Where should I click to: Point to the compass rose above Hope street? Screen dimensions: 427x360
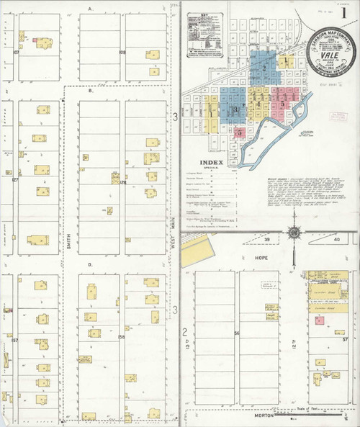click(294, 233)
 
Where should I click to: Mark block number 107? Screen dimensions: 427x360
click(15, 53)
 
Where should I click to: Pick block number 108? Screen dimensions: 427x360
click(122, 53)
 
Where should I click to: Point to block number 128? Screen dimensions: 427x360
click(122, 183)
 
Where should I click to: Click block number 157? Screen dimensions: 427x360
click(15, 339)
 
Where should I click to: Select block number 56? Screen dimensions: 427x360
click(236, 333)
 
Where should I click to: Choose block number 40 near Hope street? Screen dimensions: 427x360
click(336, 239)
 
